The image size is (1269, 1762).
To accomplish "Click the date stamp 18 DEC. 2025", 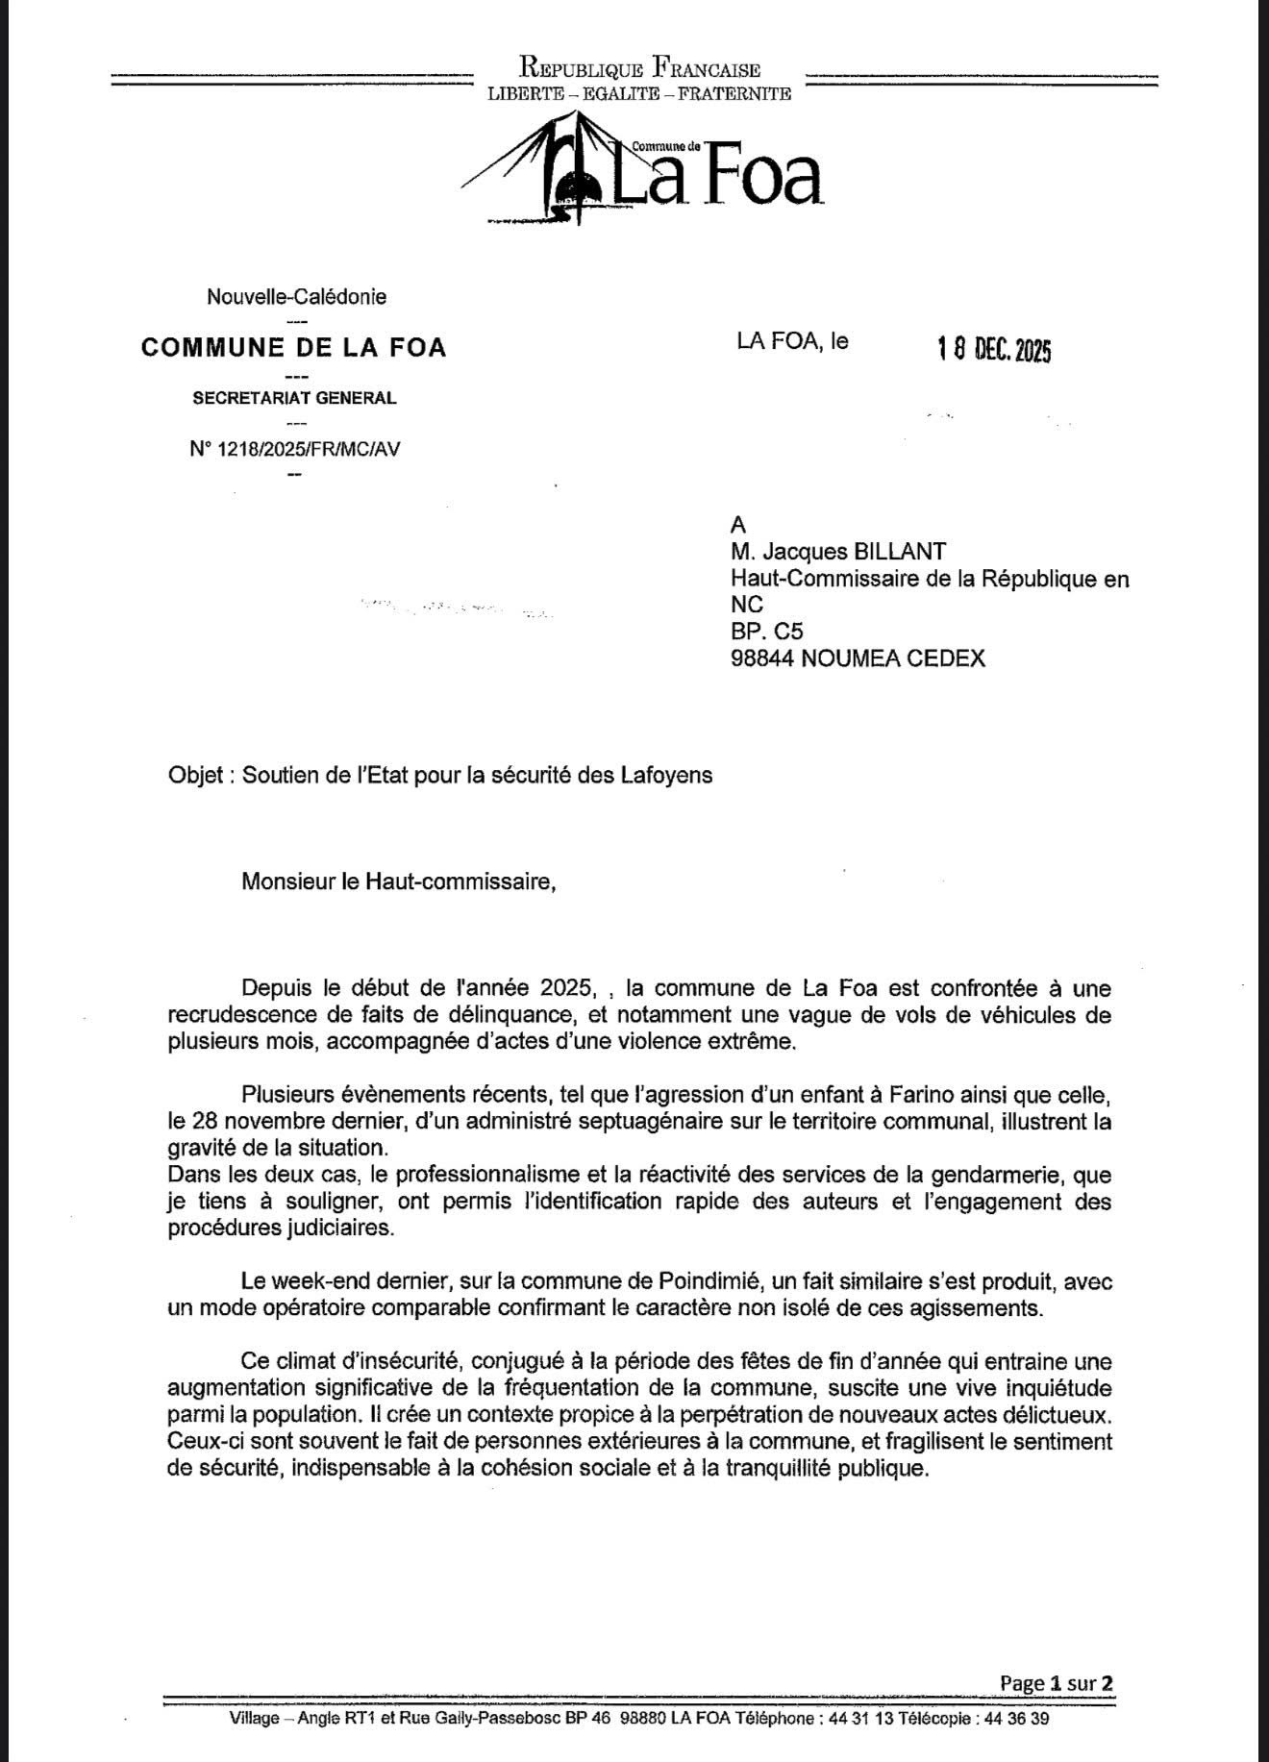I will click(x=994, y=350).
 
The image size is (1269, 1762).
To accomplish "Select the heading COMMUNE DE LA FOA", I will click(x=293, y=347).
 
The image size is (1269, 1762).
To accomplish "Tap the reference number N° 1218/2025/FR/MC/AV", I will click(x=295, y=449).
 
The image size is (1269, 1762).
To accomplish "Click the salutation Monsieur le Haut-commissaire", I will click(x=398, y=881).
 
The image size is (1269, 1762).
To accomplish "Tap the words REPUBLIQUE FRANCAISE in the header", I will click(x=640, y=69).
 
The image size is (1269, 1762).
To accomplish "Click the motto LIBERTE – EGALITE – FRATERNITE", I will click(x=639, y=94).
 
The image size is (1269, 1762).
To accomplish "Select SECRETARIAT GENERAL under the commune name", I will click(x=294, y=398).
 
